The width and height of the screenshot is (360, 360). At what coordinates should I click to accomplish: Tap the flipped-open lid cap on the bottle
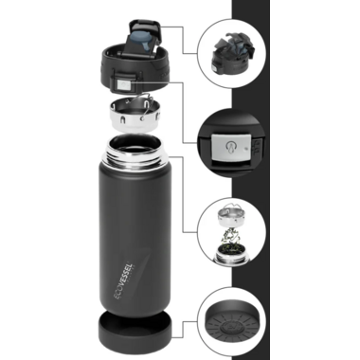144,38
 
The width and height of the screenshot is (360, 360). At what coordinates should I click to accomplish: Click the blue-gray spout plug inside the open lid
144,40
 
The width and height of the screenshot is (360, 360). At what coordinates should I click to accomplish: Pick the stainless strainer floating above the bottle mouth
133,115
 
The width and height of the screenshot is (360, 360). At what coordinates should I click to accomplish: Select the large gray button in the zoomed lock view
231,147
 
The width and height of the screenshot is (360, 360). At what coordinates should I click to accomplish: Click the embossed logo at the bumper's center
230,327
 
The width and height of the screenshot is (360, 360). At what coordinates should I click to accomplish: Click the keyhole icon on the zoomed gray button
230,147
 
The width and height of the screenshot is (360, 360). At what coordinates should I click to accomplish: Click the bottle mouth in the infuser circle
230,257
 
